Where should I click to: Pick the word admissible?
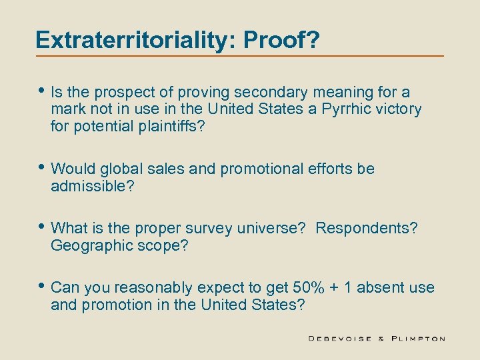click(x=93, y=187)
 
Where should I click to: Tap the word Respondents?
click(x=367, y=229)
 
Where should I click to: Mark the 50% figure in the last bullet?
click(x=308, y=288)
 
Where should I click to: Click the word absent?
click(x=382, y=288)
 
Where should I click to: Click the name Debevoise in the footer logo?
click(x=340, y=339)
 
